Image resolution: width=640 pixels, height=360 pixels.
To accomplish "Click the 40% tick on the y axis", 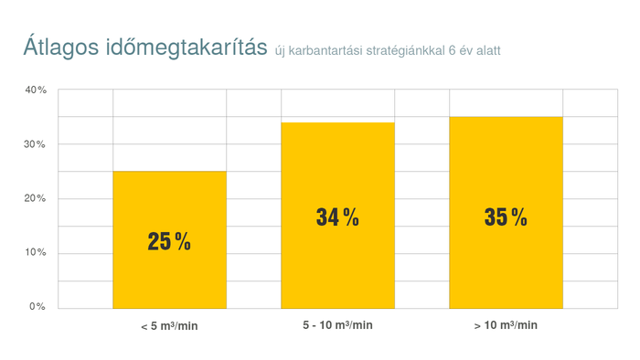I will tap(36, 90).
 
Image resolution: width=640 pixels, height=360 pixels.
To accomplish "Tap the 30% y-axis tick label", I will tap(36, 144).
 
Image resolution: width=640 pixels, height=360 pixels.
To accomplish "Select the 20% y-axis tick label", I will tap(36, 198).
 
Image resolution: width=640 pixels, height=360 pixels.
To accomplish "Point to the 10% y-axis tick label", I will tap(36, 252).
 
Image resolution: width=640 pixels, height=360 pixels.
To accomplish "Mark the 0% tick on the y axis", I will tap(37, 306).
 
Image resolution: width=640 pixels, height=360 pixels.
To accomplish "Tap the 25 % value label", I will tap(169, 242).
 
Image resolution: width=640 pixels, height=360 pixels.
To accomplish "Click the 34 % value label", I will tap(337, 217).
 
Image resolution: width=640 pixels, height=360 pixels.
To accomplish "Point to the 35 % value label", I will tap(506, 217).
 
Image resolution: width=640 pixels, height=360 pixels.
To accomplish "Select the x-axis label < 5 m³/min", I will tap(169, 325).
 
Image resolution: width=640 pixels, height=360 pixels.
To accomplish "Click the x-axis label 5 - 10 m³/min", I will tap(337, 325).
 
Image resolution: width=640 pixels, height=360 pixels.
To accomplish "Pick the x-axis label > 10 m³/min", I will tap(506, 325).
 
